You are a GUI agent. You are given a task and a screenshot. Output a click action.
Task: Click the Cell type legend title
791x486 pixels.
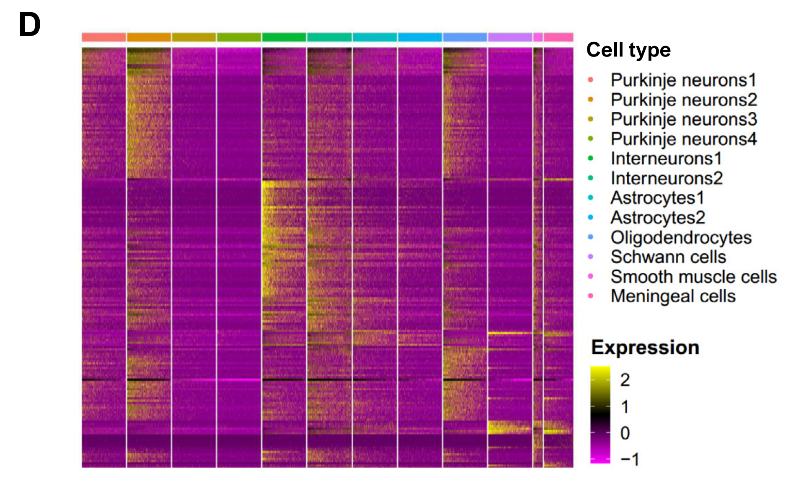point(628,50)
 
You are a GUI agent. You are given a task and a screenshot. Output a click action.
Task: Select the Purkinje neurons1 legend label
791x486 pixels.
point(683,80)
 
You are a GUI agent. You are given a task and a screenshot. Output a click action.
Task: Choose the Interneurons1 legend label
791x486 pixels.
point(666,159)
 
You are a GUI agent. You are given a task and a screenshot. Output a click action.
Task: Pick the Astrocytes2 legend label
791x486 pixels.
point(658,218)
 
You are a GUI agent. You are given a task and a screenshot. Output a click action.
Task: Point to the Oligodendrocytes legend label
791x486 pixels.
point(681,237)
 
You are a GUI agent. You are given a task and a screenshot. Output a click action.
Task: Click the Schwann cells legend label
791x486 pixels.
point(668,257)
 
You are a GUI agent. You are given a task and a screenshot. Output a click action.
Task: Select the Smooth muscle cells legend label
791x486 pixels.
point(694,277)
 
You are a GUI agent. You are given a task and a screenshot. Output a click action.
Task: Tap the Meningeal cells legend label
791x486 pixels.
point(673,296)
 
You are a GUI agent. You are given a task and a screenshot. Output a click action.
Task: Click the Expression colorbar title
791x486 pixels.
point(645,347)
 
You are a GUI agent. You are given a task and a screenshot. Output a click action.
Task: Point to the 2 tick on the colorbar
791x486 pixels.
point(625,380)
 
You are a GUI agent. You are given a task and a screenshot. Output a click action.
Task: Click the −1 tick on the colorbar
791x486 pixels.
point(630,459)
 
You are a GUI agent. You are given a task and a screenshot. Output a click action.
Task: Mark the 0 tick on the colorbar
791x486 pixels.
point(625,433)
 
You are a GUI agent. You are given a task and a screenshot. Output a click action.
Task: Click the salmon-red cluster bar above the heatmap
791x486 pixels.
point(104,37)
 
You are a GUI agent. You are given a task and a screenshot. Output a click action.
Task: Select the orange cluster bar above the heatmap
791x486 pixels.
point(149,37)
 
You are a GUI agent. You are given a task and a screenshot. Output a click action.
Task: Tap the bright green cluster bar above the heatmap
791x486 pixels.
point(284,37)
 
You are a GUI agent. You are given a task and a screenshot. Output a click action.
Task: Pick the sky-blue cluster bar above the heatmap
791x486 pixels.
point(420,37)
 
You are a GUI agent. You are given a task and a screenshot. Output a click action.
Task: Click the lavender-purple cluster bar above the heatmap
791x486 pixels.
point(510,37)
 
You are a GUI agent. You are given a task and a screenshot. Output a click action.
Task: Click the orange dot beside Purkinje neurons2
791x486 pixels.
point(591,100)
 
